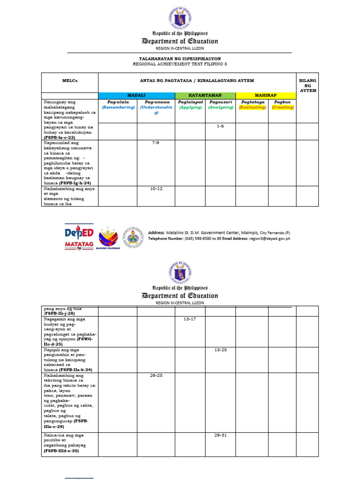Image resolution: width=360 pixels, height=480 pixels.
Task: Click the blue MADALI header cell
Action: tap(136, 95)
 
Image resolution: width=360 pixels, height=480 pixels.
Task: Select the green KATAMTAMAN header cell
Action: tap(205, 95)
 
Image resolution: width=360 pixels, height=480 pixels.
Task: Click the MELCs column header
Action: tap(70, 81)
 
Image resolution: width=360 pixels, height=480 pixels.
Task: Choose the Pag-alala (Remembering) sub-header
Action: tap(117, 104)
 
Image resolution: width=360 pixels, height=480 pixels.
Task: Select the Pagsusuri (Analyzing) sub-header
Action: tap(220, 104)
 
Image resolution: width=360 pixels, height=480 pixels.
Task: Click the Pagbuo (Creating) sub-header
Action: tap(283, 104)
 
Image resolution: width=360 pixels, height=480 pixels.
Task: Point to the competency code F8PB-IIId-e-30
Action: tap(61, 451)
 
